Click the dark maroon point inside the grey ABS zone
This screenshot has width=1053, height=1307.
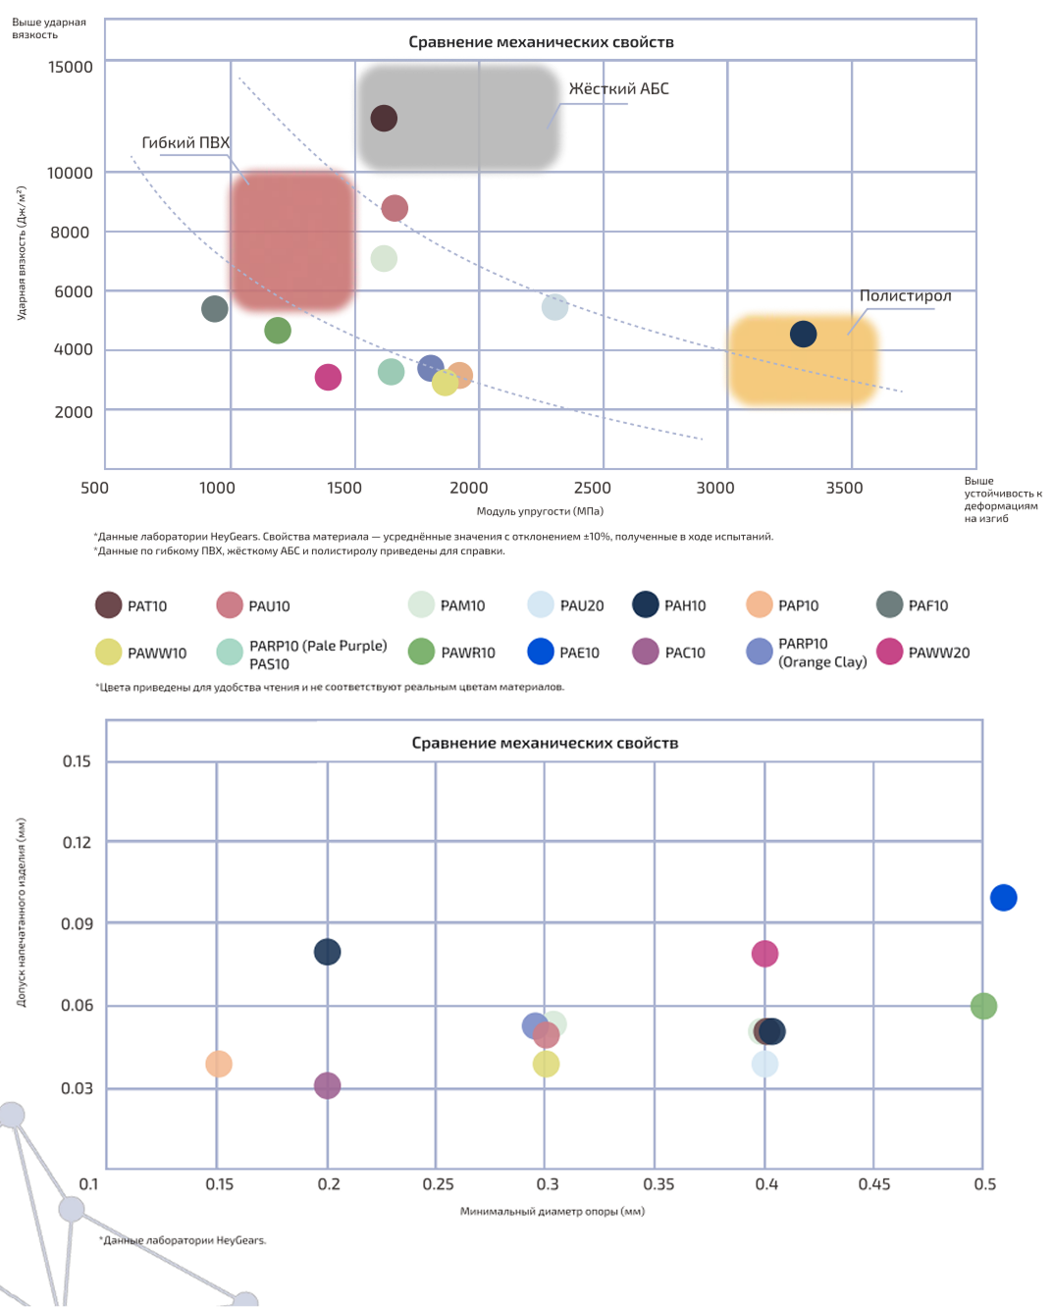(384, 119)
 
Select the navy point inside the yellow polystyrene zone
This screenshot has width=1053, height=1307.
(803, 334)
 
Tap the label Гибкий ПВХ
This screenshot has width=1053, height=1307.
(185, 143)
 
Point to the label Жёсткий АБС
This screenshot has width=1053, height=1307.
(618, 89)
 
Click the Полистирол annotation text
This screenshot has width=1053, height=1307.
(905, 296)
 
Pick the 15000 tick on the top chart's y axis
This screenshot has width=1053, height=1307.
(71, 68)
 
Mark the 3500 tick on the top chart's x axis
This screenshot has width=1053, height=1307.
(844, 488)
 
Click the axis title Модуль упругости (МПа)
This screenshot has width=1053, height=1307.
(540, 511)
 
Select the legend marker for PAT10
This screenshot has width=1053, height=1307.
(108, 605)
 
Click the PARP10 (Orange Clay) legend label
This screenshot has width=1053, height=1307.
(821, 653)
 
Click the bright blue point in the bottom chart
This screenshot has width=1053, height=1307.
(1003, 898)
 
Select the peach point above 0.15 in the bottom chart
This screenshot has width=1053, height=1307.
(219, 1064)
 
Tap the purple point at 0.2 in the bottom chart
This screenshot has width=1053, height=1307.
(327, 1086)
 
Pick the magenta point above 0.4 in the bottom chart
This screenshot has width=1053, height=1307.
(764, 954)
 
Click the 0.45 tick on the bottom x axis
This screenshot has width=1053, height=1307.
(874, 1184)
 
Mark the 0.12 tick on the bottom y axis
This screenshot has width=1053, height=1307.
(77, 843)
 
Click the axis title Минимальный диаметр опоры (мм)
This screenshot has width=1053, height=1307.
(553, 1211)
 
